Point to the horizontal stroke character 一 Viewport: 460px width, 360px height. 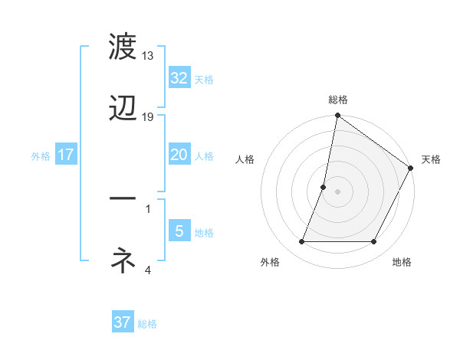(123, 200)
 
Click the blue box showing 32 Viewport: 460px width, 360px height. (179, 78)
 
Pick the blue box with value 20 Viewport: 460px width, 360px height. (179, 155)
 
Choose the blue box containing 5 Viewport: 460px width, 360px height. (179, 231)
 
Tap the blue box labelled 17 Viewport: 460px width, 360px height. (65, 155)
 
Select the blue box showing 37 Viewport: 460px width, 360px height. (122, 322)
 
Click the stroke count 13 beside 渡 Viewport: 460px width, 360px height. (148, 56)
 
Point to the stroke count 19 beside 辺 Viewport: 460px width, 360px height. (148, 117)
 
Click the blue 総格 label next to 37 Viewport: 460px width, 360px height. (147, 324)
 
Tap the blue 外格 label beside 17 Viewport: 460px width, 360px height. (41, 156)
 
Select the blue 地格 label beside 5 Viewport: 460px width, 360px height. (204, 233)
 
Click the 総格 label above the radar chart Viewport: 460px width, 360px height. (338, 100)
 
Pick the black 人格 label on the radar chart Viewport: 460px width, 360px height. (245, 159)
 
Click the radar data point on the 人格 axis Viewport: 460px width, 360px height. (324, 187)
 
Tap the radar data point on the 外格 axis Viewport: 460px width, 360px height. (302, 242)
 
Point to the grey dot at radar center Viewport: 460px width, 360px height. (338, 191)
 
